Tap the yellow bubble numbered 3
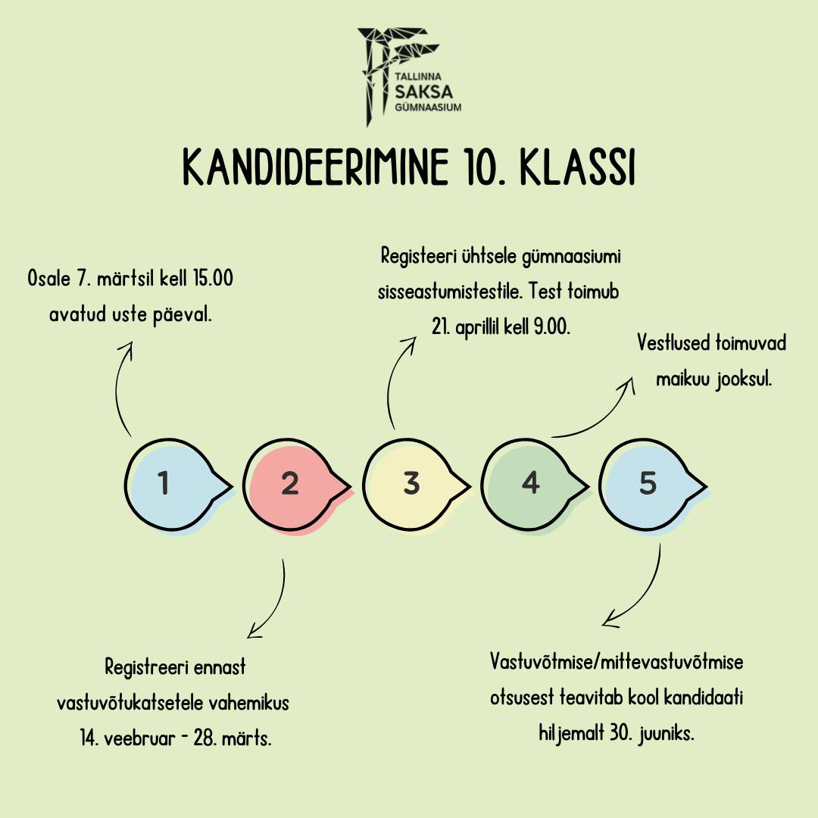click(412, 485)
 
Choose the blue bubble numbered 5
click(649, 485)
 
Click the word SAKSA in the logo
click(423, 92)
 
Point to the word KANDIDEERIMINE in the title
click(316, 167)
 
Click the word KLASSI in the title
click(577, 167)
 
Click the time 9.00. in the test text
click(552, 327)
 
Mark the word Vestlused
click(673, 343)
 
